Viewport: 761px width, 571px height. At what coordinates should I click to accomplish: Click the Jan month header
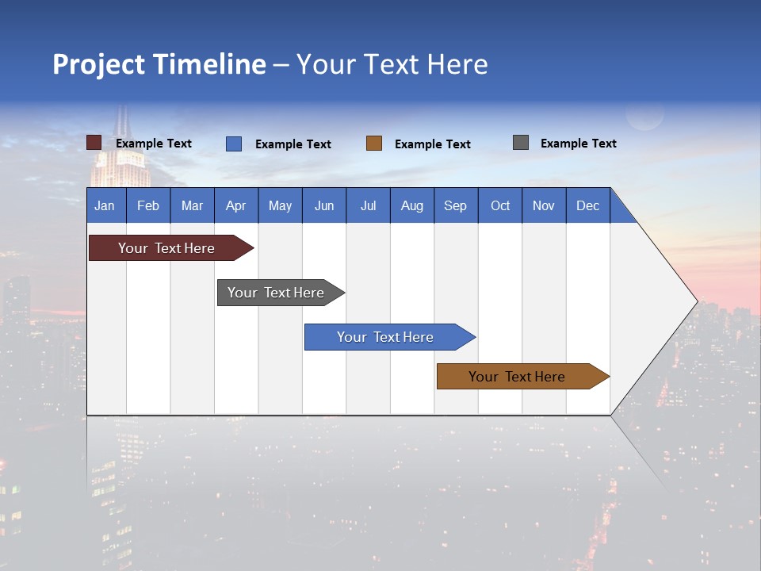coord(105,205)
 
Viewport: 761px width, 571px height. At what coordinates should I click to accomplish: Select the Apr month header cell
coord(236,205)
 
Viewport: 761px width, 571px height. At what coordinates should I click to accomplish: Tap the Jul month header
coord(368,205)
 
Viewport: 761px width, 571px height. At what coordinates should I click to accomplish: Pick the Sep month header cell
coord(455,205)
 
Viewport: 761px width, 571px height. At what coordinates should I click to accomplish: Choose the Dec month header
coord(587,205)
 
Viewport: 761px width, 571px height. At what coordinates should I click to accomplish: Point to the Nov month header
coord(544,205)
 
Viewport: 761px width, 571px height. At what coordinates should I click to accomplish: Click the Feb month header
coord(148,205)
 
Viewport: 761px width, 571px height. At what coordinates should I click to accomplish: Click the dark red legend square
coord(94,143)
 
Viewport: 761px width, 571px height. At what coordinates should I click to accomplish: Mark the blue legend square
coord(234,144)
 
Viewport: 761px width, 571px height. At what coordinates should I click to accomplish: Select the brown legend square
coord(374,143)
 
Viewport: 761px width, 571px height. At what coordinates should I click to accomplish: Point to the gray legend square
coord(521,143)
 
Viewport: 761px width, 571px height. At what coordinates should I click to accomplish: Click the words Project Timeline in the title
coord(159,64)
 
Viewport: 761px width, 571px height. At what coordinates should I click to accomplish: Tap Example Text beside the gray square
coord(578,144)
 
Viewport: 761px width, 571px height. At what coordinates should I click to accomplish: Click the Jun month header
coord(324,205)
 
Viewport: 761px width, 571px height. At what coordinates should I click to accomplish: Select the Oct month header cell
coord(500,205)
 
